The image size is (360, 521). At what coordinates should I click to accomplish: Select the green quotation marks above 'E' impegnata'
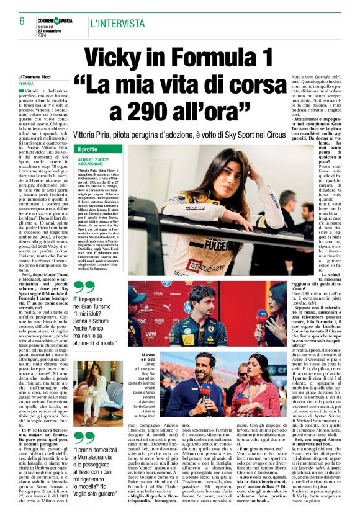(84, 285)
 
